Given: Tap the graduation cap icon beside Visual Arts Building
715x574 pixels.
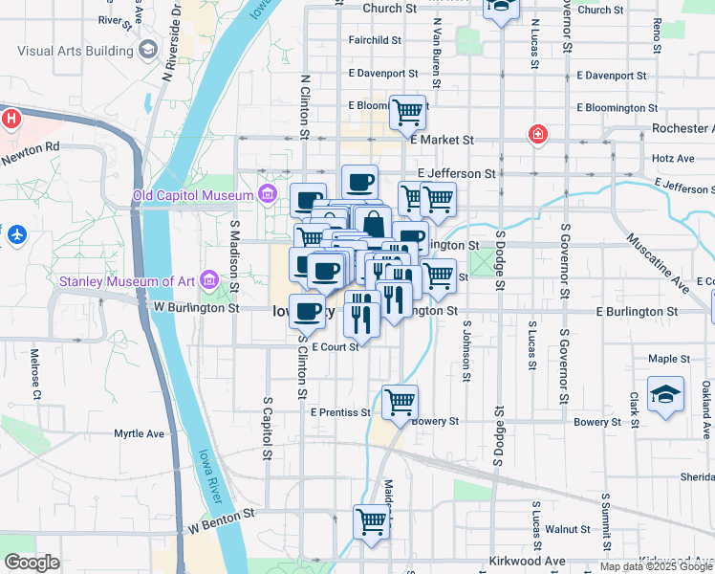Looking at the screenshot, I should [x=147, y=50].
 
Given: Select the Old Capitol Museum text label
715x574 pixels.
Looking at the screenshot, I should [x=193, y=196].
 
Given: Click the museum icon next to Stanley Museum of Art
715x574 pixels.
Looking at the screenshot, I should [x=207, y=280].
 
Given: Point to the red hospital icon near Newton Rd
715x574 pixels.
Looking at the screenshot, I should [x=11, y=119].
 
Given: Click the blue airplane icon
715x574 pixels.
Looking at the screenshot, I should [x=15, y=233].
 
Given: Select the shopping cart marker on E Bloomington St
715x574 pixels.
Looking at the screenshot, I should [x=407, y=112].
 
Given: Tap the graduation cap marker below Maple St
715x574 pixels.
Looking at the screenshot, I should [x=665, y=393].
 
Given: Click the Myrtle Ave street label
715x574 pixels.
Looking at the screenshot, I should [x=139, y=433].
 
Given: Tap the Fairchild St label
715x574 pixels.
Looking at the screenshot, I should [x=375, y=40].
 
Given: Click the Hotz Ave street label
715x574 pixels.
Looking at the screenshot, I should [x=672, y=158].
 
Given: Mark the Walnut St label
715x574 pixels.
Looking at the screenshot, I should [x=568, y=529].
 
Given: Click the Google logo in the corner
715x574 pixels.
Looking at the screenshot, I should [x=32, y=563].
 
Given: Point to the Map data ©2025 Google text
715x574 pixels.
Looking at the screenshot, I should [x=657, y=567].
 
